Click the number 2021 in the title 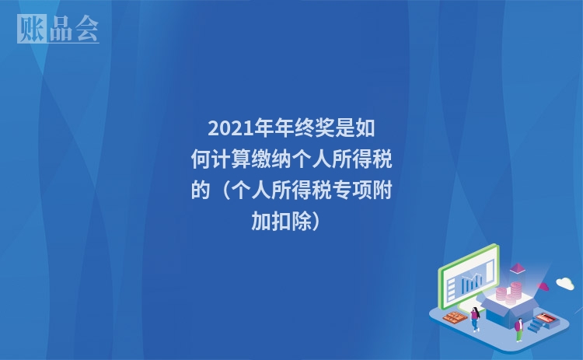pyautogui.click(x=225, y=128)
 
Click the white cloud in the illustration pyautogui.click(x=564, y=283)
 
